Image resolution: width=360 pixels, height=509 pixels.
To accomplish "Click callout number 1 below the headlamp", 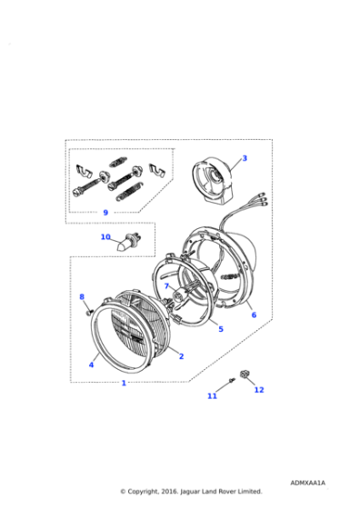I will click(125, 383).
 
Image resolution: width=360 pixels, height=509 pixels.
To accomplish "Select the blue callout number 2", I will click(181, 356).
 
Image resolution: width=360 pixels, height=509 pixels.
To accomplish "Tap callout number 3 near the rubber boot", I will click(244, 158).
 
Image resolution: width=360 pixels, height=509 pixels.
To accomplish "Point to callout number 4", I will click(91, 365).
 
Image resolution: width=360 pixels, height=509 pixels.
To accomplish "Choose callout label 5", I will click(220, 328).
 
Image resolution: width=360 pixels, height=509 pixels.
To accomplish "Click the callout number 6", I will click(254, 314).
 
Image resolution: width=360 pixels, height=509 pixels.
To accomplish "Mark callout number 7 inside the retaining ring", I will click(166, 286).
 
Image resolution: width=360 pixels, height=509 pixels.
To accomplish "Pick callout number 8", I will click(81, 296).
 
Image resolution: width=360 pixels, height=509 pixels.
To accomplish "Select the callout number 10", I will click(105, 237).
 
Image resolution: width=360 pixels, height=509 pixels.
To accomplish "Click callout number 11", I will click(212, 396).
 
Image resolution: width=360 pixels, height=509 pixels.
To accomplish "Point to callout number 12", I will click(258, 390).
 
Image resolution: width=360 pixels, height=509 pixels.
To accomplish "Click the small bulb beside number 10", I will click(128, 244).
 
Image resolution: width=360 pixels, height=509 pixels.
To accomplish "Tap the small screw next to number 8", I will click(88, 311).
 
